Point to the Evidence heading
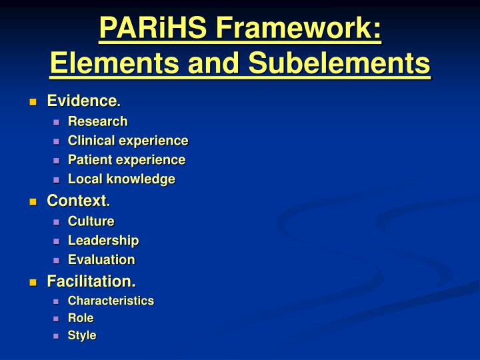point(81,101)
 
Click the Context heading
point(77,200)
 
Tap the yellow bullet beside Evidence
point(33,102)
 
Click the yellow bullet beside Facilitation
point(33,283)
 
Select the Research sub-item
point(97,121)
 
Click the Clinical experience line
point(128,141)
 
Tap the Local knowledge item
point(121,179)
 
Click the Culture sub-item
point(91,221)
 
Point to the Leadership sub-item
point(103,241)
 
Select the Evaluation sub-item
point(101,260)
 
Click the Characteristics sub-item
point(111,301)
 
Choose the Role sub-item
point(81,318)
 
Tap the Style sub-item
point(82,335)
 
